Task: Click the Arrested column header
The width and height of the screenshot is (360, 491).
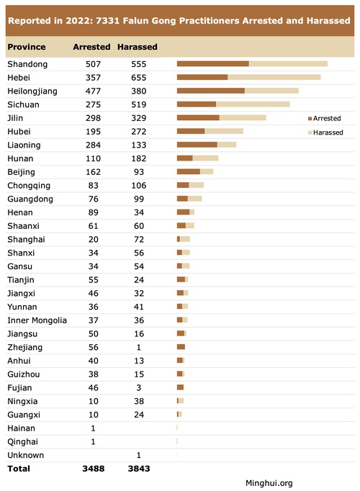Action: click(91, 47)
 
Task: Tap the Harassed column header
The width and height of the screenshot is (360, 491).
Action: click(137, 47)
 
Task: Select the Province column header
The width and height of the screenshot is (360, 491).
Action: click(27, 47)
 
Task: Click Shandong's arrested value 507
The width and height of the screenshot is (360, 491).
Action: click(94, 64)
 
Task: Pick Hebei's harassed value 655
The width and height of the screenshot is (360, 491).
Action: click(139, 78)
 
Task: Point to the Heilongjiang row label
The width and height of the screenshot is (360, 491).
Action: click(32, 91)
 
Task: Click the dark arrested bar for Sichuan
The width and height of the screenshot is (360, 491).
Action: click(197, 104)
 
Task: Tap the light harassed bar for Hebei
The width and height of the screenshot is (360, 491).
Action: click(274, 77)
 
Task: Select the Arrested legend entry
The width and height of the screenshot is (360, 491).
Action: click(324, 118)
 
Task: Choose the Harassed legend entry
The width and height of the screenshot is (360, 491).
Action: click(325, 132)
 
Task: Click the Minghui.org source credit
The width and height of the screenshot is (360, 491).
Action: click(269, 483)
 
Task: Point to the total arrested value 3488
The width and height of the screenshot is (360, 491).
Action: click(94, 469)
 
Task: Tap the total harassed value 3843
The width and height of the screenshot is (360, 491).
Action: click(139, 469)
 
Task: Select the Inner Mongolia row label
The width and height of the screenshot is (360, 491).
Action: click(37, 320)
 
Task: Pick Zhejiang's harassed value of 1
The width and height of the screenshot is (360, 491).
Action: click(139, 347)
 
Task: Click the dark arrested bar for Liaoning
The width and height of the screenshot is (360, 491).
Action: click(197, 145)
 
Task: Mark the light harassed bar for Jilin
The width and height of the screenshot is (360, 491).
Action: click(243, 117)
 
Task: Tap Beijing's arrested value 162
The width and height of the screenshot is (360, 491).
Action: click(94, 172)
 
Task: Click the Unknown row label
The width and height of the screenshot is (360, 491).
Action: click(26, 455)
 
